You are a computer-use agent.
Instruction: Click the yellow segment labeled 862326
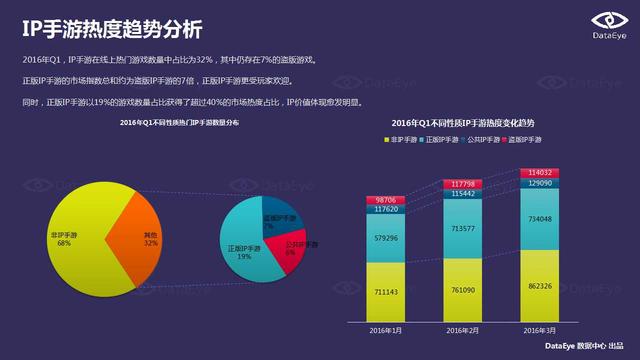(x=540, y=286)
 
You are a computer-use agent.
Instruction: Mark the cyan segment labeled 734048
(x=540, y=219)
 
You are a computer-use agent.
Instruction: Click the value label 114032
(x=540, y=172)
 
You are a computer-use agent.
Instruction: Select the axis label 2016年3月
(x=540, y=330)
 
